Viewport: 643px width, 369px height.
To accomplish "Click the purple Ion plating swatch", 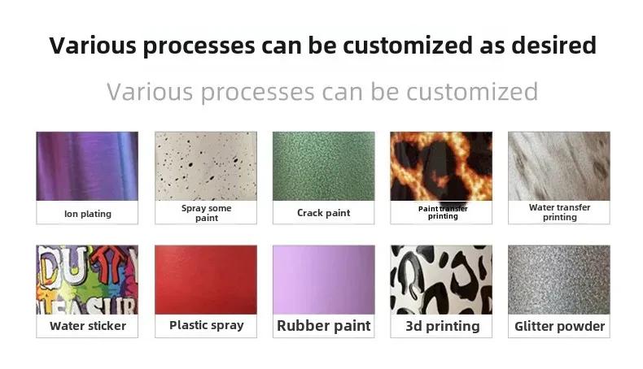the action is pos(87,166).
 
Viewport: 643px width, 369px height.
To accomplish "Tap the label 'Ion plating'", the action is pos(88,214).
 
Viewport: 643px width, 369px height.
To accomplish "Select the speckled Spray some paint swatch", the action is pos(206,166).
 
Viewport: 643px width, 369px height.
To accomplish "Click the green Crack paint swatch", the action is pos(324,166).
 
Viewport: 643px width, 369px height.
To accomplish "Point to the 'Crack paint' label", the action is pos(324,213).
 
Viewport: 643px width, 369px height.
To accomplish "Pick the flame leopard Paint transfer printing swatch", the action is pos(441,166).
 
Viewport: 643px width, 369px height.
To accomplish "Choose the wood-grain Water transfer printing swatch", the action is pos(559,166).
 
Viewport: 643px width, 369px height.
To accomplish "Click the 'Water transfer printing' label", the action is pos(560,212).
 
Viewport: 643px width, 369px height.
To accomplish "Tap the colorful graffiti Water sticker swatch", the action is pos(87,280).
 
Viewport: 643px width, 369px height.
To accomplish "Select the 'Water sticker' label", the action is pos(88,326).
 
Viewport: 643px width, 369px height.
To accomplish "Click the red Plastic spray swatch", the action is pos(206,280).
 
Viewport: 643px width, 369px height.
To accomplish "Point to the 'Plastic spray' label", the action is pos(207,326).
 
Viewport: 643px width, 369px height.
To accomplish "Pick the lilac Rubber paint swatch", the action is pos(324,280).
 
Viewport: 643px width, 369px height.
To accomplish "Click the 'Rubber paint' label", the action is pos(324,326).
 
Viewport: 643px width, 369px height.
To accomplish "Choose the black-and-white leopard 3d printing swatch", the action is pos(441,280).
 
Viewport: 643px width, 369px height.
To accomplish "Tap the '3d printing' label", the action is pos(443,327).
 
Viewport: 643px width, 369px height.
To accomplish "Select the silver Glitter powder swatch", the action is pos(559,280).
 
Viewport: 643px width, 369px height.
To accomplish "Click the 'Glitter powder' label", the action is pos(560,327).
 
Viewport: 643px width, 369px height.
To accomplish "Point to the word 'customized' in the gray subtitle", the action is pos(472,91).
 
